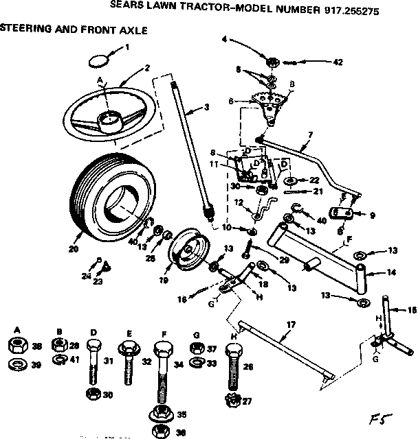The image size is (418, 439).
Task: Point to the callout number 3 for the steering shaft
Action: pyautogui.click(x=206, y=107)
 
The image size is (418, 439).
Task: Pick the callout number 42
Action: pyautogui.click(x=337, y=62)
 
